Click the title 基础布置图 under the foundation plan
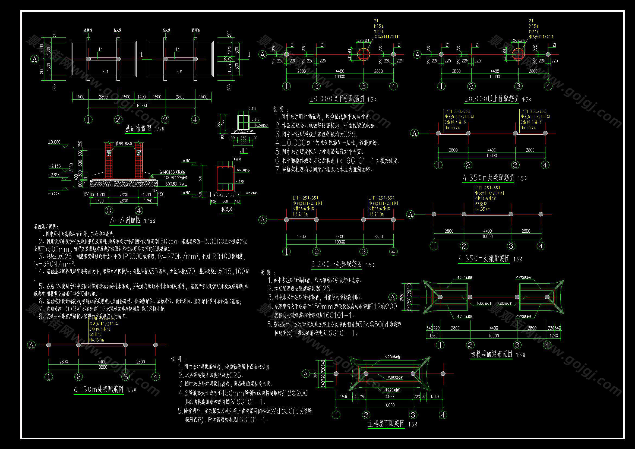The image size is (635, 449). (138, 129)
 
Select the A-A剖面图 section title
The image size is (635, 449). (125, 220)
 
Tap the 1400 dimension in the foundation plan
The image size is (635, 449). (141, 97)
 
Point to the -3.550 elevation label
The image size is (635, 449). (54, 194)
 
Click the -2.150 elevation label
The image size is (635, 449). (55, 166)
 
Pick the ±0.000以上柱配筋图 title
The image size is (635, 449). (491, 99)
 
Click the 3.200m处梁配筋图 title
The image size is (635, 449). (336, 264)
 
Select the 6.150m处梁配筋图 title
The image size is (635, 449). (99, 390)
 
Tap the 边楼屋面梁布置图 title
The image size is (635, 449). (491, 354)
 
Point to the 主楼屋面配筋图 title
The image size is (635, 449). (386, 424)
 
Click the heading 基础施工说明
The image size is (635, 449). (46, 227)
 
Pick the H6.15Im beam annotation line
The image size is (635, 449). (97, 340)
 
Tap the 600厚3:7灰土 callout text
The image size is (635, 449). (176, 184)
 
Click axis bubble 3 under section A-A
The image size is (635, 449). (109, 211)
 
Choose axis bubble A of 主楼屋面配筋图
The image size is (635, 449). (306, 374)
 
